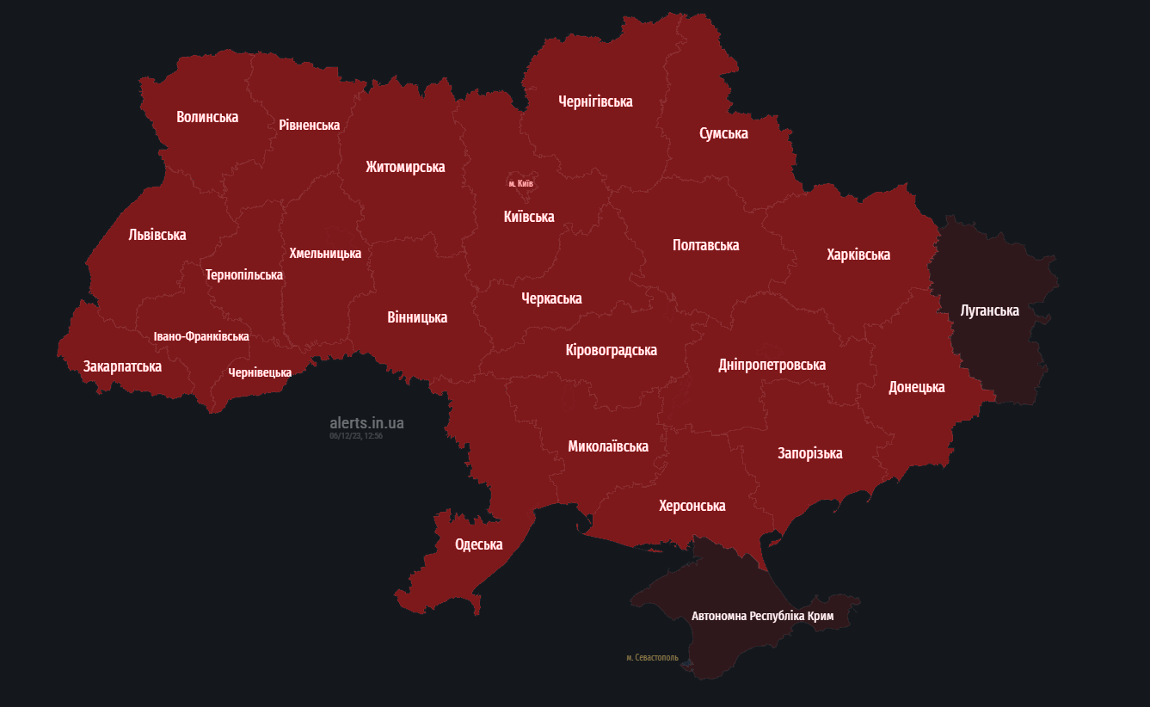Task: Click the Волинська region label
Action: [x=207, y=117]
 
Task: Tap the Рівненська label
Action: [x=309, y=126]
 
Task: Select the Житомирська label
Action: [x=405, y=167]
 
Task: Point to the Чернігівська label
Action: [x=595, y=101]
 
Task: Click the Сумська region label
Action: [x=723, y=133]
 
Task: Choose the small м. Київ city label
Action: [x=520, y=184]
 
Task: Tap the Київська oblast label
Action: [x=529, y=217]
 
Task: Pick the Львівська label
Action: [x=157, y=235]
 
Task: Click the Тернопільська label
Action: [x=244, y=275]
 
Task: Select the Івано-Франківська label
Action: [x=201, y=336]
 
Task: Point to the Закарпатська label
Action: [x=122, y=366]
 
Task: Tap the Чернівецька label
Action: [x=260, y=372]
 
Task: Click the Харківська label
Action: [x=858, y=255]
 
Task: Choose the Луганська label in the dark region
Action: [x=989, y=310]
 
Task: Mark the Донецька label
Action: [x=916, y=387]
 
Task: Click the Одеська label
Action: [x=478, y=544]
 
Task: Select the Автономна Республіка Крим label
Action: [x=762, y=617]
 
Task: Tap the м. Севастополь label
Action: [x=652, y=658]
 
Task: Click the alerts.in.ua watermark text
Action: [x=366, y=423]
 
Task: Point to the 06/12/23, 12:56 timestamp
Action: [x=355, y=436]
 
